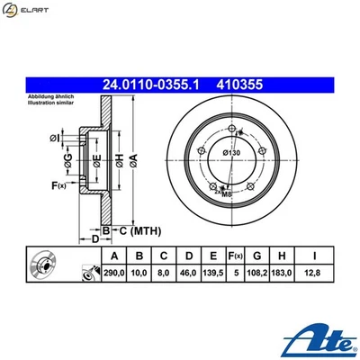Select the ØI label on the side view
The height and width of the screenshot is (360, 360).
[x=54, y=138]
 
